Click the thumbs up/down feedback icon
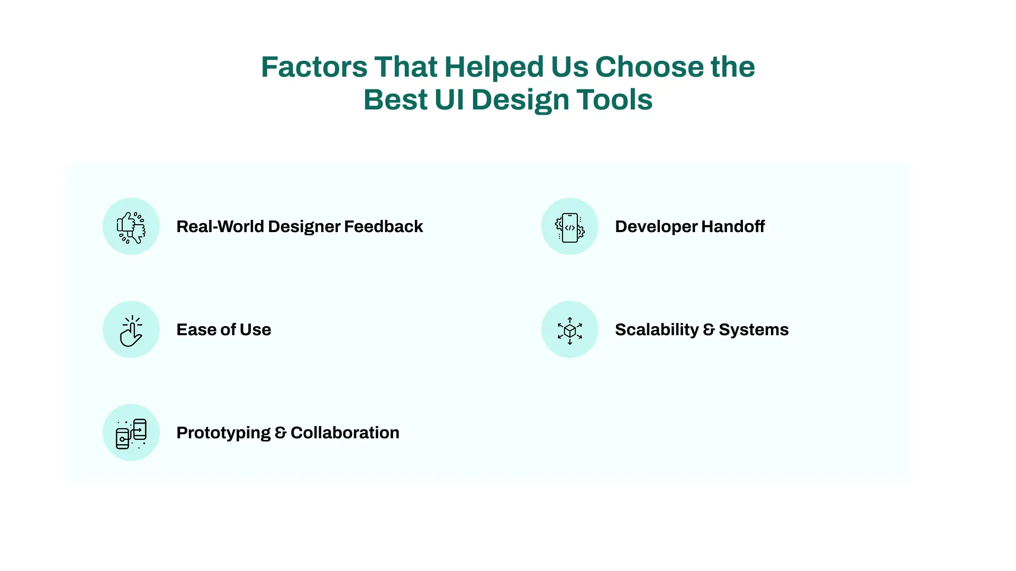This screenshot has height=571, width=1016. tap(131, 227)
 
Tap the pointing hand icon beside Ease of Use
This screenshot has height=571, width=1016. tap(131, 331)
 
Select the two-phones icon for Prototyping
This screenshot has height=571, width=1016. tap(131, 434)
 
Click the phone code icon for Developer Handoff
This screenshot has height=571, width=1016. tap(570, 227)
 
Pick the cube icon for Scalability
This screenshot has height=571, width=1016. tap(570, 330)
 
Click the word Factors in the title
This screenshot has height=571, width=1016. tap(314, 67)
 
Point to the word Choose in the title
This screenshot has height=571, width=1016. tap(649, 67)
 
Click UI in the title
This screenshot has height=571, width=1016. tap(449, 100)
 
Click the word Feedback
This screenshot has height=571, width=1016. tap(384, 226)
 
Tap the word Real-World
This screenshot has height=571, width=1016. tap(220, 226)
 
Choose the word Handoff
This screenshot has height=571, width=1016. tap(733, 226)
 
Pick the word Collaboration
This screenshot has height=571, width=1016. tap(345, 432)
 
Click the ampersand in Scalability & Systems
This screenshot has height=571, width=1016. tap(709, 330)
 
